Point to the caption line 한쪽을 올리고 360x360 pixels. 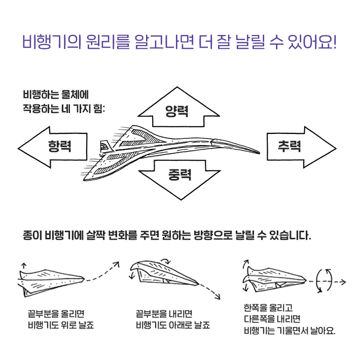pos(265,308)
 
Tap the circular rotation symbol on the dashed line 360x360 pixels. pos(323,280)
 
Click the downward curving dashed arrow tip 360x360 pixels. pos(220,298)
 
